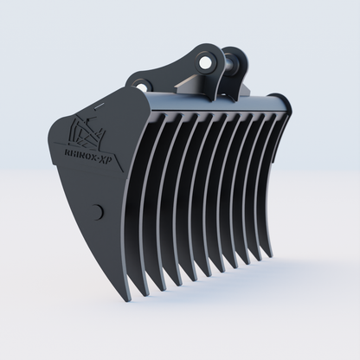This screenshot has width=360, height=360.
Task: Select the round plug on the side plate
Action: click(x=97, y=210)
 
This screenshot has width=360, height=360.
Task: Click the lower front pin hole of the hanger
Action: click(x=141, y=84)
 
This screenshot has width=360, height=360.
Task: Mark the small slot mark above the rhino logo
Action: click(x=96, y=103)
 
